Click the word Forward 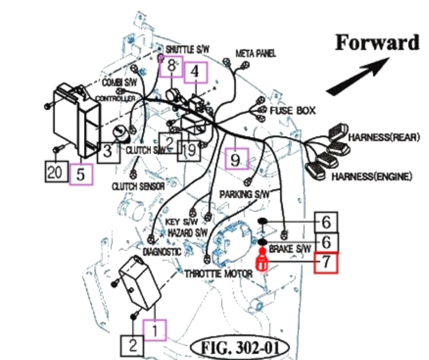tap(377, 42)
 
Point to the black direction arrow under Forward tap(358, 75)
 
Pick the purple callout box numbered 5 tap(81, 174)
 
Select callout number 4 tap(195, 72)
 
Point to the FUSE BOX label tap(293, 111)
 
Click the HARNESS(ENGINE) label tap(371, 176)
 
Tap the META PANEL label tap(256, 53)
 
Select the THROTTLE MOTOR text tap(218, 274)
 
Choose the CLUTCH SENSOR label tap(138, 186)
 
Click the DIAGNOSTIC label tap(162, 252)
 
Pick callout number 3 tap(107, 151)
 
